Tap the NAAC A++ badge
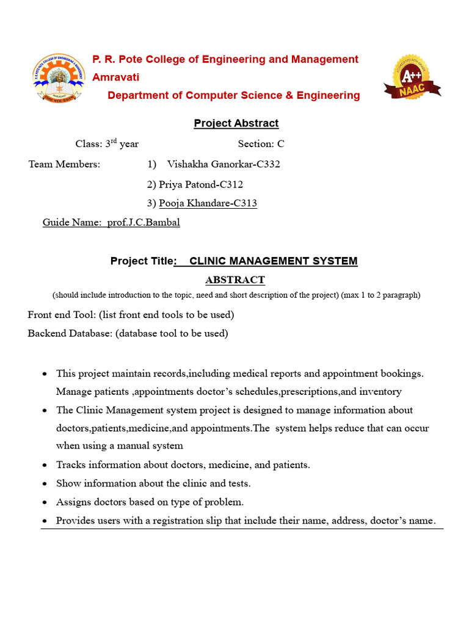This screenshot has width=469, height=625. [x=412, y=78]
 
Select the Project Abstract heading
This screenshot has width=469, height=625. [x=236, y=123]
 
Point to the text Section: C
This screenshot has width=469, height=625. [x=261, y=144]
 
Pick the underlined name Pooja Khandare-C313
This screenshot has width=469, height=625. [x=208, y=203]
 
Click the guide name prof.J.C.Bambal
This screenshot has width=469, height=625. [x=144, y=222]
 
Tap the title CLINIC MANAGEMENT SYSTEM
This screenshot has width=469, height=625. [x=273, y=261]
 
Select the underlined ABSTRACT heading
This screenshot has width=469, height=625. [x=234, y=280]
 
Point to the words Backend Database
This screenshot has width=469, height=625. [x=70, y=333]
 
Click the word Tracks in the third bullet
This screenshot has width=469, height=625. [x=70, y=465]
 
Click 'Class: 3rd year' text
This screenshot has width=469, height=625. [x=107, y=144]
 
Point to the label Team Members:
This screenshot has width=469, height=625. [x=64, y=164]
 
